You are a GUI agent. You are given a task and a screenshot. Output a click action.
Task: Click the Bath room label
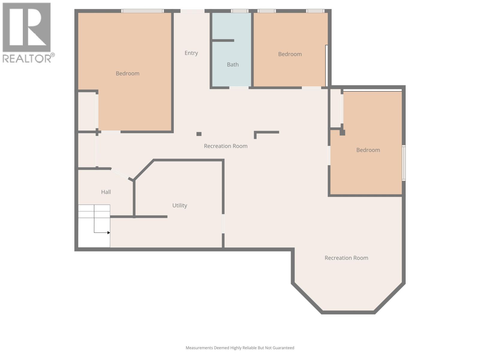click(233, 64)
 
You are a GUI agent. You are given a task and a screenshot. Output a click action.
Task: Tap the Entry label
click(191, 53)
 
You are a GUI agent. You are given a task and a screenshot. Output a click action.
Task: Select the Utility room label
click(180, 205)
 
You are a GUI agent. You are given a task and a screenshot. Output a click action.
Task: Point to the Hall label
click(106, 192)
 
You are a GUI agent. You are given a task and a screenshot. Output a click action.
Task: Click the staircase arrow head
click(109, 232)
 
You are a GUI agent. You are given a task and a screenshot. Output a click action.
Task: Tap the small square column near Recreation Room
click(199, 134)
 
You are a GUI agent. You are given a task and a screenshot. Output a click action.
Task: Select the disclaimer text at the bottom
click(240, 348)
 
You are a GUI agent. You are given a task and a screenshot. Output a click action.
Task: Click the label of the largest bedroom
click(127, 73)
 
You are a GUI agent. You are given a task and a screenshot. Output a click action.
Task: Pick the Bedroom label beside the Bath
click(290, 54)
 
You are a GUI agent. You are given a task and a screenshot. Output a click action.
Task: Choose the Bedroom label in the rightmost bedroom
click(368, 150)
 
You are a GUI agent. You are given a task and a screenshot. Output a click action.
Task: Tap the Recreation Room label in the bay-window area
click(346, 258)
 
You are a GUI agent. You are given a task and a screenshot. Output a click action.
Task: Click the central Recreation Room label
click(226, 146)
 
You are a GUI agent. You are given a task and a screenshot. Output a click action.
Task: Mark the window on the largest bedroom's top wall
click(142, 11)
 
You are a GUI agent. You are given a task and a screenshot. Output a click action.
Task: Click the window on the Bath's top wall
click(240, 11)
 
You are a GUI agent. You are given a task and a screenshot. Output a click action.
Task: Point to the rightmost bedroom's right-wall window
click(404, 163)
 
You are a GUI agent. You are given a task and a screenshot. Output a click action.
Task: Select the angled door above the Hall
click(120, 174)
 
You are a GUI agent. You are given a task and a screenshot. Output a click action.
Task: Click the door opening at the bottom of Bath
click(239, 88)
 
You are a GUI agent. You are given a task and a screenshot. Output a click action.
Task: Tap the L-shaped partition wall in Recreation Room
click(266, 132)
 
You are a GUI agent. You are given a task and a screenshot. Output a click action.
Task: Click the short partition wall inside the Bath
click(223, 40)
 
